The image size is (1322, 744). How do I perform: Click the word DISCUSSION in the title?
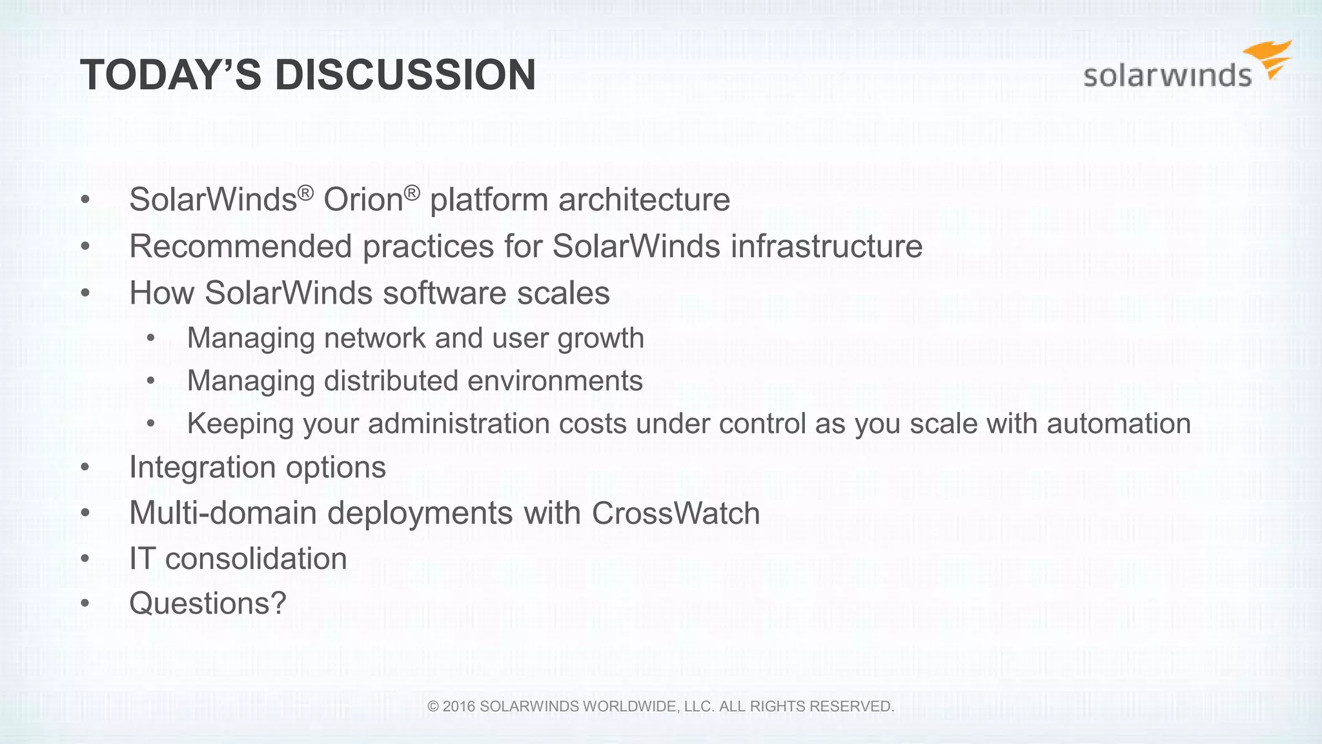405,76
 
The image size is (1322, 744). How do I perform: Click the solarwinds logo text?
1167,76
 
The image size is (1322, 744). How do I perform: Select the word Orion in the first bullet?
363,200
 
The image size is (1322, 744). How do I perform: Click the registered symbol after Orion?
412,192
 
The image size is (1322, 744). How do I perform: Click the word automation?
1119,424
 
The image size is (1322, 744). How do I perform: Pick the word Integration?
202,467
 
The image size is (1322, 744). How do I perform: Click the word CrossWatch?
675,513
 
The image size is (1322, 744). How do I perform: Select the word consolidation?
256,559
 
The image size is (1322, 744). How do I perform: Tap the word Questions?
207,604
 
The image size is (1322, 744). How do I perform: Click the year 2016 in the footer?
458,707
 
